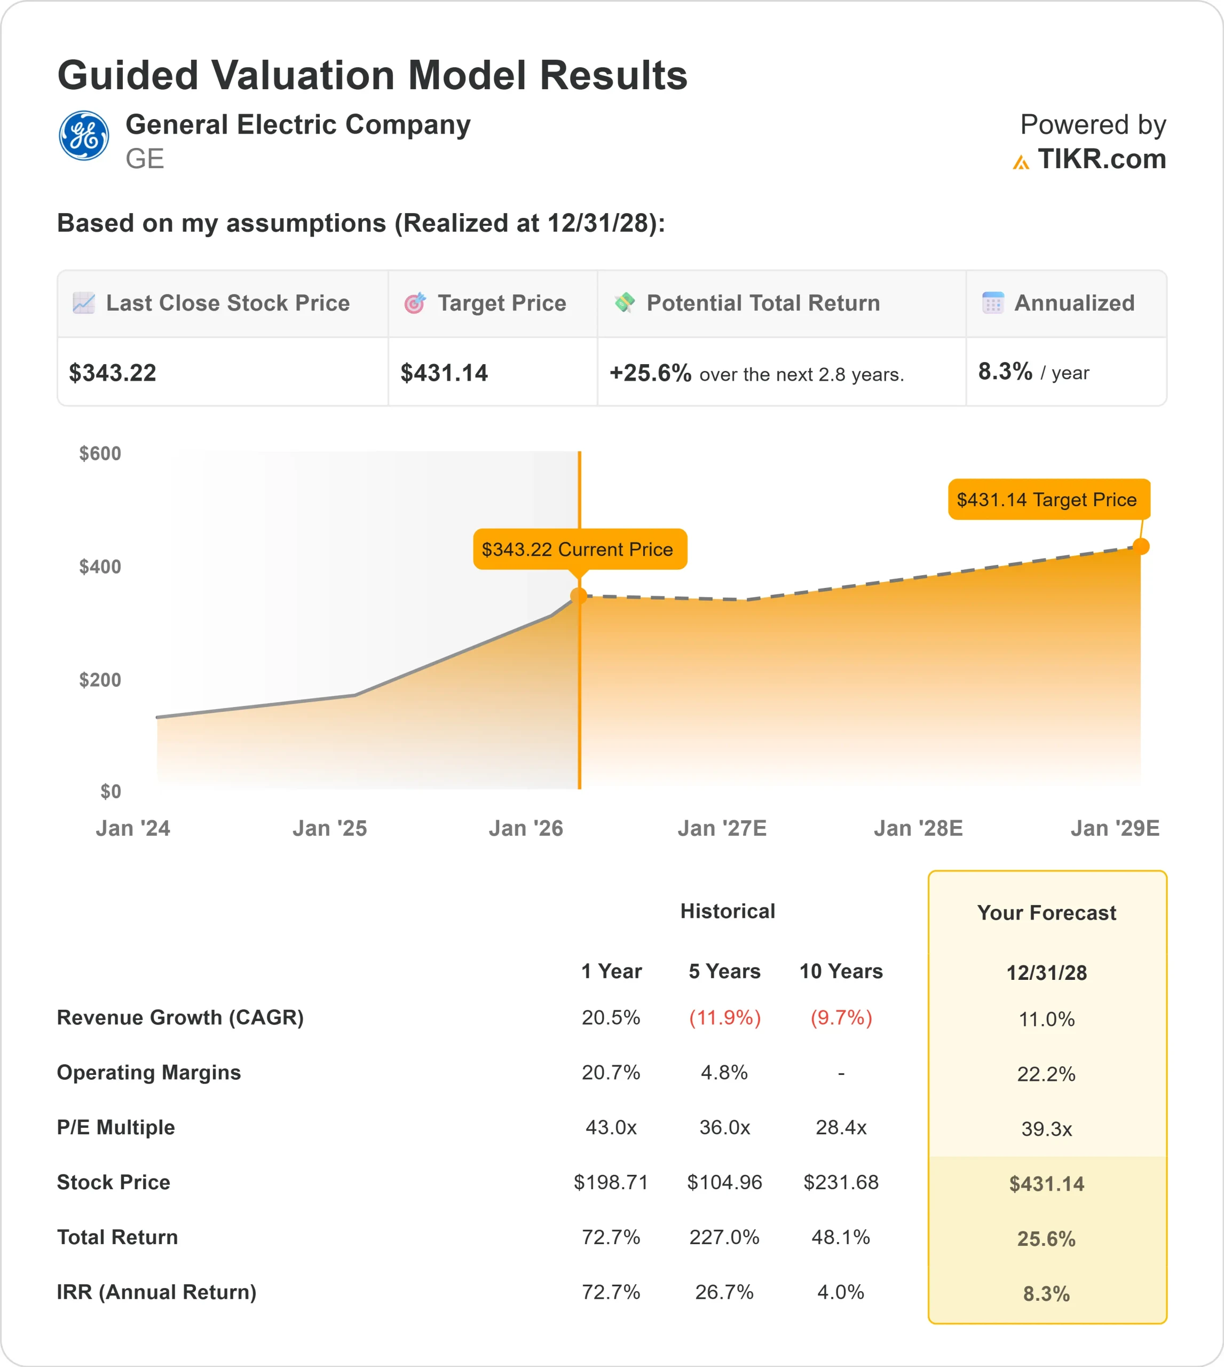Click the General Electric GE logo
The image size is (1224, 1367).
tap(83, 135)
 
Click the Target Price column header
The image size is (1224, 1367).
tap(501, 303)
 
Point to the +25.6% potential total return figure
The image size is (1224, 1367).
tap(650, 373)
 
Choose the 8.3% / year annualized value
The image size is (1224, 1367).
tap(1033, 372)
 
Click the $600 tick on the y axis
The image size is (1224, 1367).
tap(100, 453)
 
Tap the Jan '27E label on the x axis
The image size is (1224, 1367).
tap(722, 828)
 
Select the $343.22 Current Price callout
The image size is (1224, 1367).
tap(579, 549)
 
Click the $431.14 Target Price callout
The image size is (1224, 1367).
tap(1048, 499)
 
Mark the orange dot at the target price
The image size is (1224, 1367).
tap(1141, 546)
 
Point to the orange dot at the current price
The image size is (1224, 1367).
tap(579, 595)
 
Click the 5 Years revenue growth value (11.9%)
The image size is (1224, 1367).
tap(724, 1017)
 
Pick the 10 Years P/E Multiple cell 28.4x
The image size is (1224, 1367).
tap(841, 1127)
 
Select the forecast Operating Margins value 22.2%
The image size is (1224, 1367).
tap(1046, 1074)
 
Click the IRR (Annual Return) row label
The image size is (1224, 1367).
tap(157, 1292)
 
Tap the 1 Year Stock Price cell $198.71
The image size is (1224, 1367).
tap(611, 1182)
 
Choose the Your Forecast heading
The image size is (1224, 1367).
tap(1046, 913)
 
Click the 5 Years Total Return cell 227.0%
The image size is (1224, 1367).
tap(724, 1237)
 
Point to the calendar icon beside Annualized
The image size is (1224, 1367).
tap(993, 303)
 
